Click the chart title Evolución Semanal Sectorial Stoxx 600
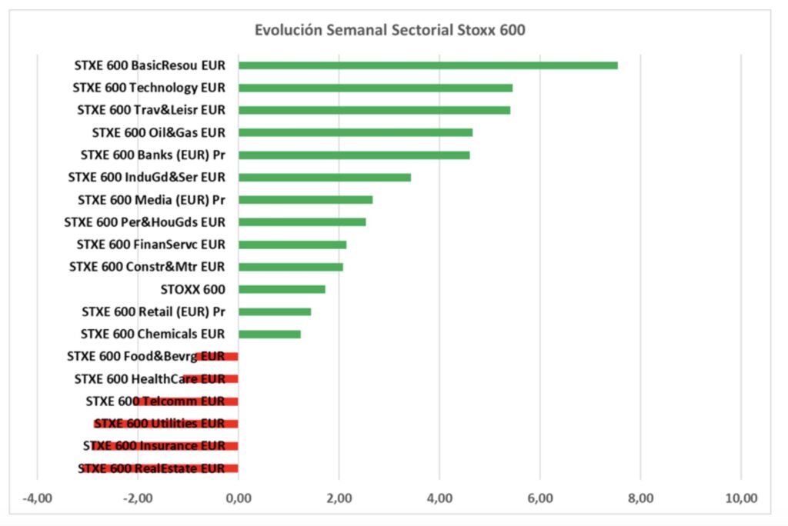[x=390, y=31]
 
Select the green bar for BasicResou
[x=428, y=65]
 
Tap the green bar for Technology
[x=376, y=88]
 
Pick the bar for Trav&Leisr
[x=374, y=110]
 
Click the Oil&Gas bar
[x=356, y=132]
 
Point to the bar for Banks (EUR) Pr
[x=354, y=155]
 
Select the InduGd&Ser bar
[x=325, y=177]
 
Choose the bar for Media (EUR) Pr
[x=306, y=200]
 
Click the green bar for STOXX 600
[x=282, y=289]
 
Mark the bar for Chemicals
[x=269, y=334]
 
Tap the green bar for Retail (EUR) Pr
[x=275, y=311]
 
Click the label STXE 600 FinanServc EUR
[x=151, y=245]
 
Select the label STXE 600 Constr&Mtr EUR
[x=147, y=267]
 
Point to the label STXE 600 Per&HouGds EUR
[x=145, y=222]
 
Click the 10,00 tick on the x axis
[x=740, y=498]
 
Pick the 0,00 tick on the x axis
[x=239, y=498]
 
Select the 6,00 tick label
[x=539, y=498]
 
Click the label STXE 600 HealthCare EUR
[x=149, y=378]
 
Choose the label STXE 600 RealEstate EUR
[x=152, y=468]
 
